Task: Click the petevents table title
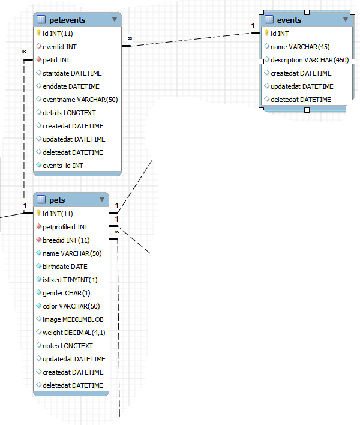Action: pyautogui.click(x=67, y=20)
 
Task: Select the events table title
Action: pyautogui.click(x=289, y=20)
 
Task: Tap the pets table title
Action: pyautogui.click(x=57, y=200)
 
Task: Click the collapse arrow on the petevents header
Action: pyautogui.click(x=115, y=20)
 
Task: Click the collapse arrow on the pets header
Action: pyautogui.click(x=102, y=200)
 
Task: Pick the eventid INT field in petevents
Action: pyautogui.click(x=59, y=46)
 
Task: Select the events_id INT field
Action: pyautogui.click(x=63, y=165)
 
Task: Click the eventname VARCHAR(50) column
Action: pyautogui.click(x=80, y=99)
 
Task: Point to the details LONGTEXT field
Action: pyautogui.click(x=69, y=112)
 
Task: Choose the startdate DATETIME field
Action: pyautogui.click(x=72, y=73)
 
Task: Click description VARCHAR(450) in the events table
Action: pyautogui.click(x=309, y=59)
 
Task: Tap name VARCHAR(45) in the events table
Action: pyautogui.click(x=300, y=46)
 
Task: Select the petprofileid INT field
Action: pyautogui.click(x=65, y=226)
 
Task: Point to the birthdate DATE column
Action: pyautogui.click(x=65, y=266)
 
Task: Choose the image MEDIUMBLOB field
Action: pyautogui.click(x=73, y=319)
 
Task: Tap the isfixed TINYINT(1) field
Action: pyautogui.click(x=70, y=279)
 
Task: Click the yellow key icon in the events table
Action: pyautogui.click(x=266, y=33)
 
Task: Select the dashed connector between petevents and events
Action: pyautogui.click(x=192, y=40)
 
